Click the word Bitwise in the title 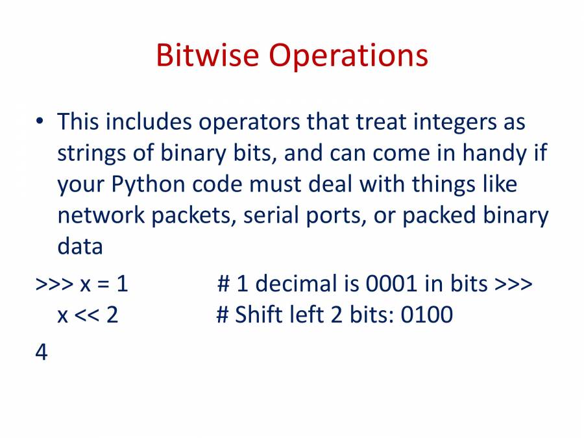pyautogui.click(x=207, y=55)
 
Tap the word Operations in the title pyautogui.click(x=348, y=56)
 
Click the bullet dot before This pyautogui.click(x=40, y=121)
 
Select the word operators pyautogui.click(x=249, y=123)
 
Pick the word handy pyautogui.click(x=494, y=153)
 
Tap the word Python pyautogui.click(x=148, y=184)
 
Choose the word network pyautogui.click(x=101, y=215)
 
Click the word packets pyautogui.click(x=193, y=216)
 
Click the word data pyautogui.click(x=80, y=246)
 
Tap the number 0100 pyautogui.click(x=427, y=315)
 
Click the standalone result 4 pyautogui.click(x=42, y=352)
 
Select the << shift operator pyautogui.click(x=87, y=315)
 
